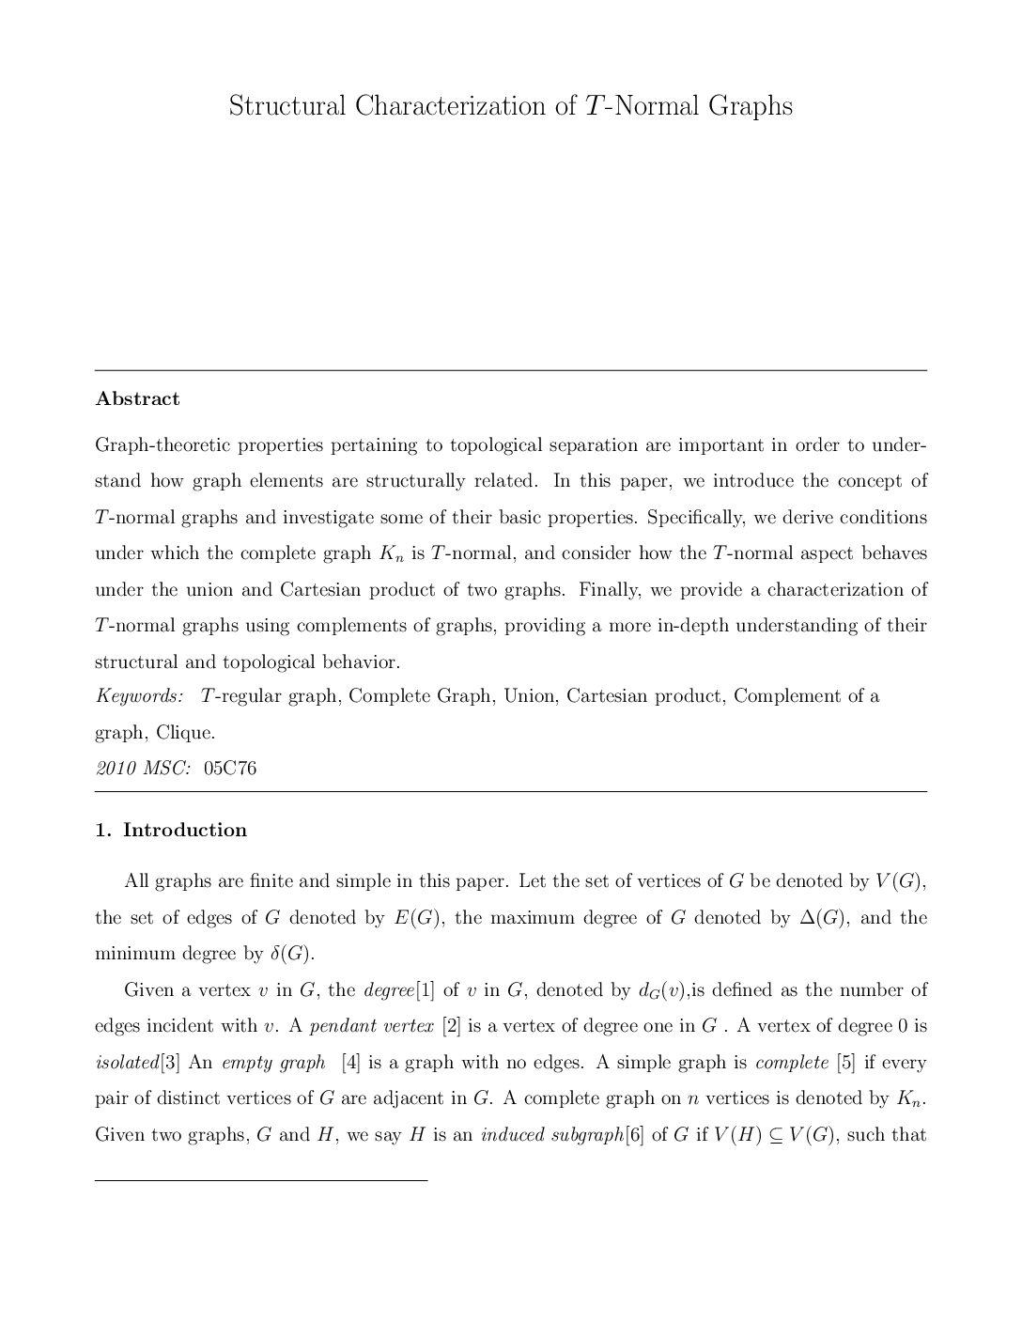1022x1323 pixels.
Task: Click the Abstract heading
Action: [x=137, y=398]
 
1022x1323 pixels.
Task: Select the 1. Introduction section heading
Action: [x=172, y=830]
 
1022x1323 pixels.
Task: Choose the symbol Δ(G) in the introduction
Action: [x=824, y=918]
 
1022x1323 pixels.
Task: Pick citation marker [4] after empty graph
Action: [x=351, y=1063]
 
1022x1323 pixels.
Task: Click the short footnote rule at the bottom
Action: [x=261, y=1177]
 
